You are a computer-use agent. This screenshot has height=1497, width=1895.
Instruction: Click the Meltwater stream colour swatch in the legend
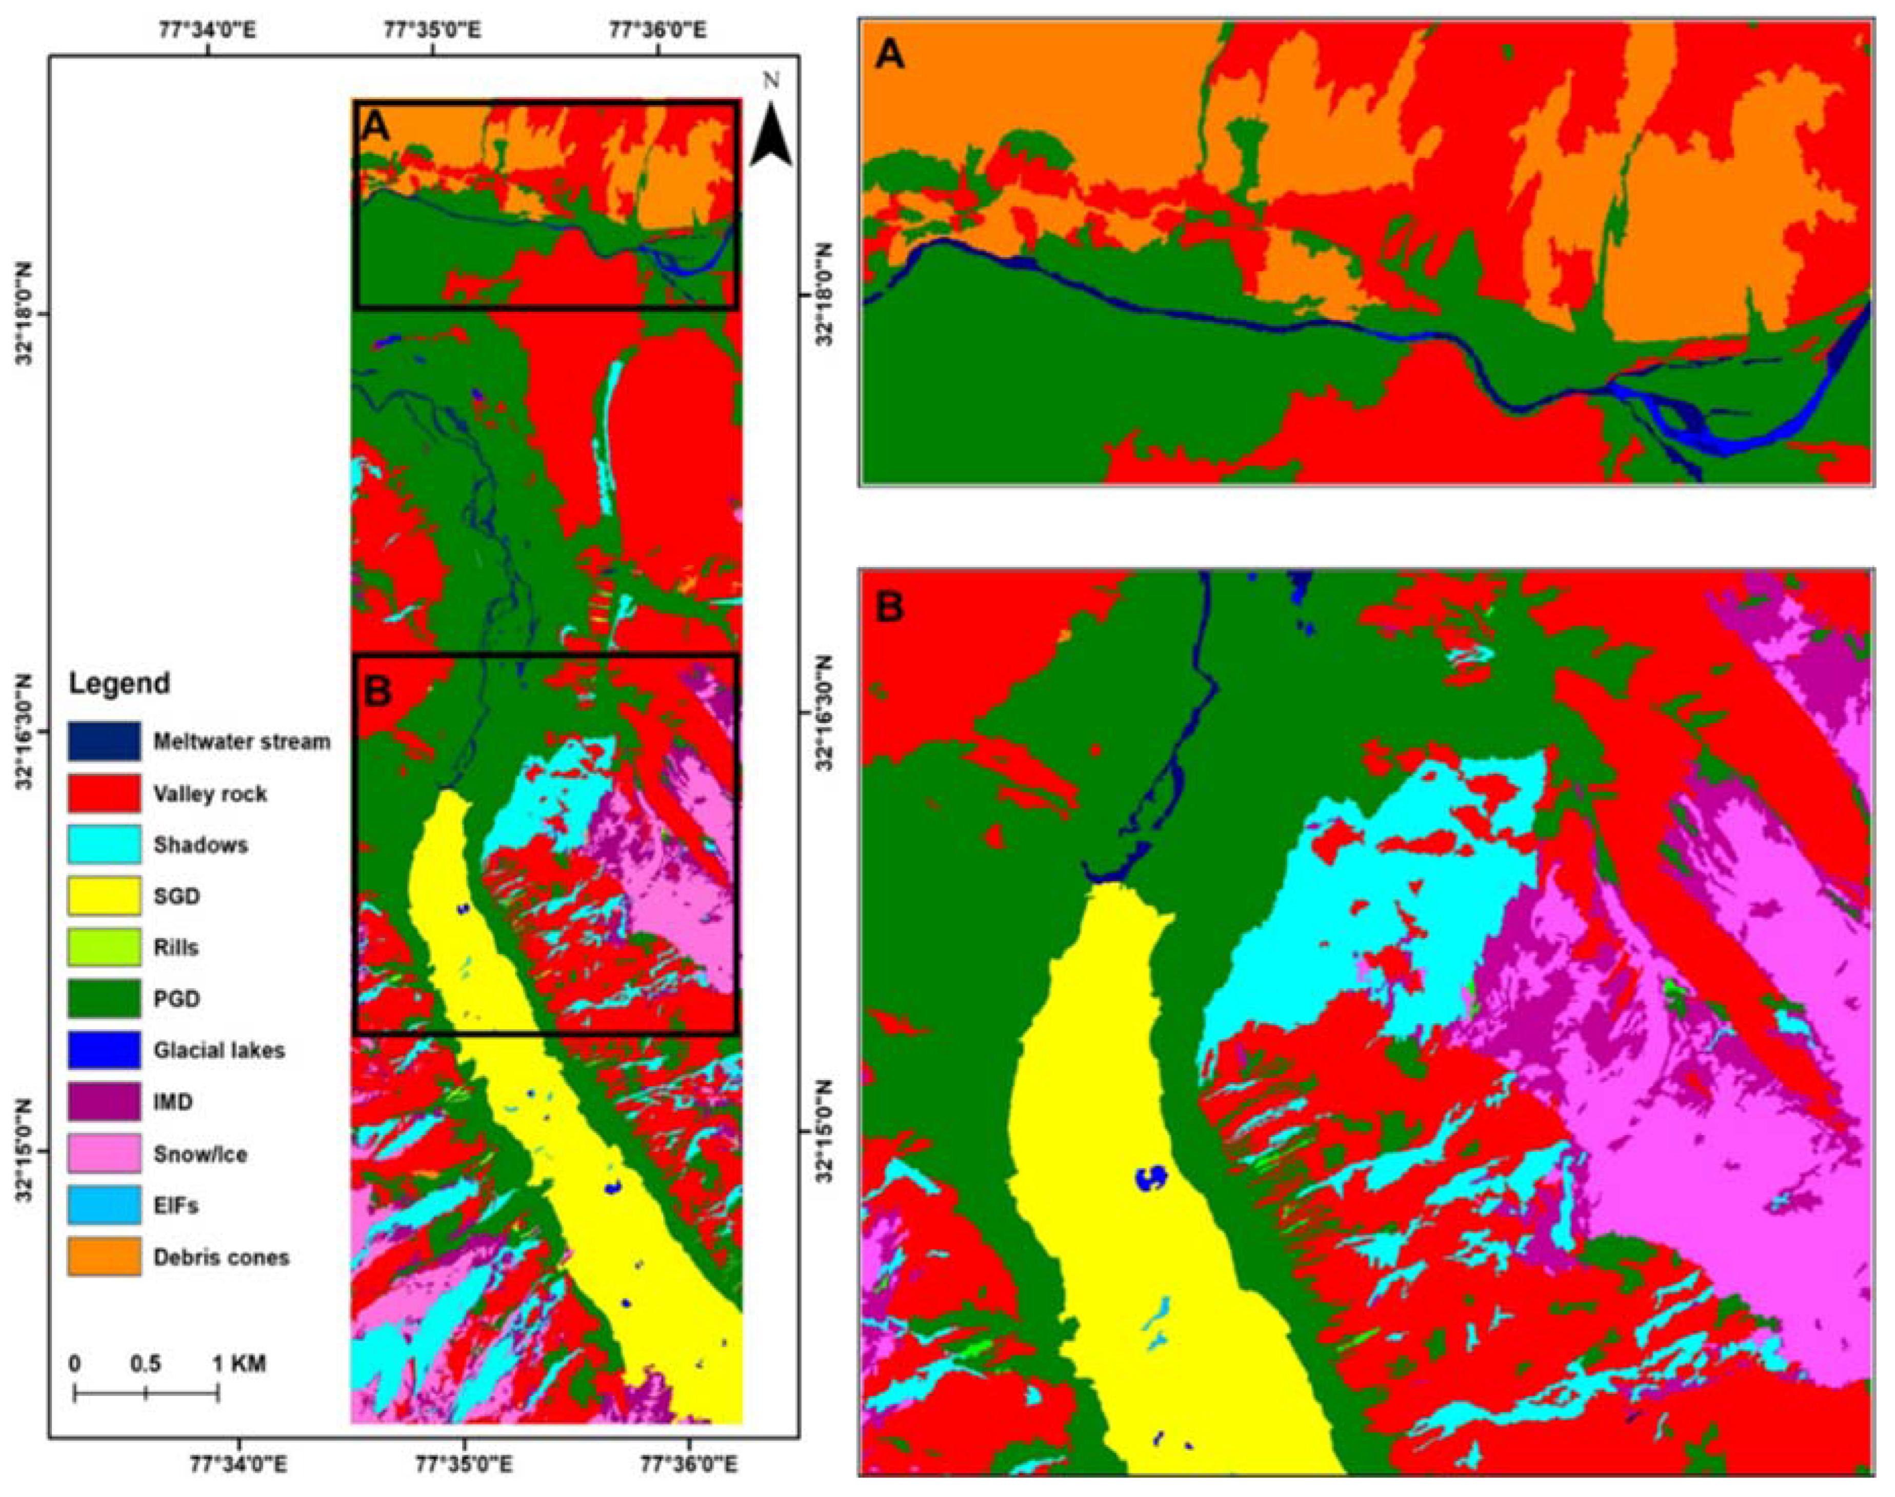coord(104,742)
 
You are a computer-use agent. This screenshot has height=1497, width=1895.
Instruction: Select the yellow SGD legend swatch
coord(104,896)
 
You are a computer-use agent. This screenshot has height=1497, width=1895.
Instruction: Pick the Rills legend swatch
coord(104,947)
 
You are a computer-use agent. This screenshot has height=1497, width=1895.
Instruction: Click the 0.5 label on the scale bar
coord(146,1365)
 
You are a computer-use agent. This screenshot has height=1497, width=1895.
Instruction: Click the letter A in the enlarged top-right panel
coord(890,55)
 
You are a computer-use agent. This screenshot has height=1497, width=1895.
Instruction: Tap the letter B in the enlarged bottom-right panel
coord(890,607)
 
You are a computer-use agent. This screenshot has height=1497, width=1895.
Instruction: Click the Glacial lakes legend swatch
coord(104,1050)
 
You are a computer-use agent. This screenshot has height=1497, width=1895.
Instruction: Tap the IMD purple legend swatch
coord(104,1102)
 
